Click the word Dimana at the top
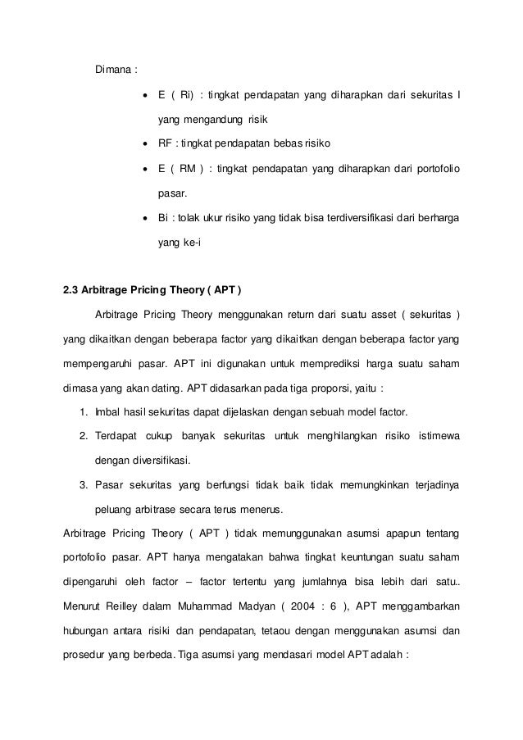click(113, 68)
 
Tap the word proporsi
click(320, 387)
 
